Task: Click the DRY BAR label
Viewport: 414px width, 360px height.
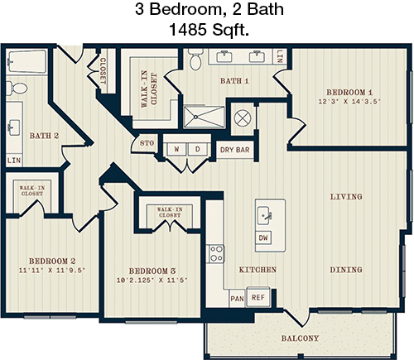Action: (234, 150)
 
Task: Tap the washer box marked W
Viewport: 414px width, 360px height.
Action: (176, 149)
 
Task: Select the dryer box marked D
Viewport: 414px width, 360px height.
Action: (198, 149)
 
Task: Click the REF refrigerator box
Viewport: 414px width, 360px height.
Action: (258, 297)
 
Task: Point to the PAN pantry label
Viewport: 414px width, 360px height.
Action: (237, 299)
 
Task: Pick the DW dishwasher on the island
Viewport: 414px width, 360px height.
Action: (263, 238)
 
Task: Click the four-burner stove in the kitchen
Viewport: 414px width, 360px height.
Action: (216, 254)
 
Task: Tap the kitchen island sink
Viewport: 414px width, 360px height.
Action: (264, 215)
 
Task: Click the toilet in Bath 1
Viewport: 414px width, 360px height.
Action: (196, 60)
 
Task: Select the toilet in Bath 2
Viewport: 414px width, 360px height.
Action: (17, 89)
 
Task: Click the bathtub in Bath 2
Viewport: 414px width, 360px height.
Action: (26, 61)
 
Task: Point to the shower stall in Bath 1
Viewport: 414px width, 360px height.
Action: (205, 117)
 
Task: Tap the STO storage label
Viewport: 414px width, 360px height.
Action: (147, 143)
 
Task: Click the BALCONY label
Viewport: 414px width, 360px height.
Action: (300, 338)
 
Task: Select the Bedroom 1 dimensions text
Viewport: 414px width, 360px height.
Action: (349, 102)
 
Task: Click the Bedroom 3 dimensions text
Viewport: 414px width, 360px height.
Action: (152, 281)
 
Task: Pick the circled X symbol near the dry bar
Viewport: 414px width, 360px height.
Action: (243, 118)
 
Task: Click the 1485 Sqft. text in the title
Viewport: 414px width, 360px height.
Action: (209, 30)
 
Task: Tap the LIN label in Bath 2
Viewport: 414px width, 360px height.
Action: (14, 161)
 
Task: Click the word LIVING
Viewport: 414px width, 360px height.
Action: (346, 197)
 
